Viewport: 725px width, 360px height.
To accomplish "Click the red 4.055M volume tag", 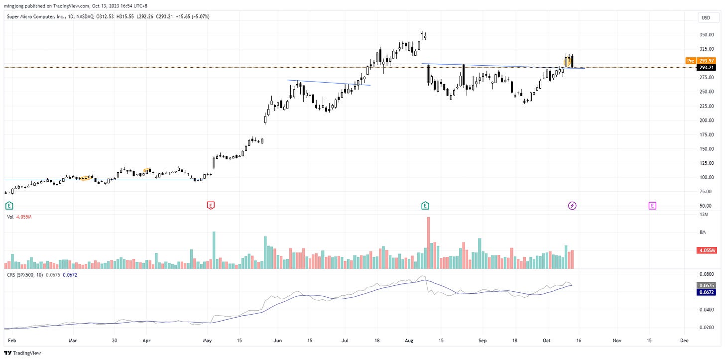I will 706,250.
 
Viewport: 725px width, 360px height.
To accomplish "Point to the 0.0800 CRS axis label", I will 707,274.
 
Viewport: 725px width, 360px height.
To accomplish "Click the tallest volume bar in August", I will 428,243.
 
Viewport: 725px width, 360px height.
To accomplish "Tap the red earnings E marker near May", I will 211,205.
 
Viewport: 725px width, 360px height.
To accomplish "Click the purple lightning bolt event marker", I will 572,205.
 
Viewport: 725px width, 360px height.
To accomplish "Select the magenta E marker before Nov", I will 652,205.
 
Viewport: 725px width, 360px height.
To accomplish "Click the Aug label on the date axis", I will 409,340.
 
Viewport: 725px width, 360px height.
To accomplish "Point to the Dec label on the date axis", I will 684,340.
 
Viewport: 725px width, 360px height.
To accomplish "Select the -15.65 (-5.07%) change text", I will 192,16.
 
